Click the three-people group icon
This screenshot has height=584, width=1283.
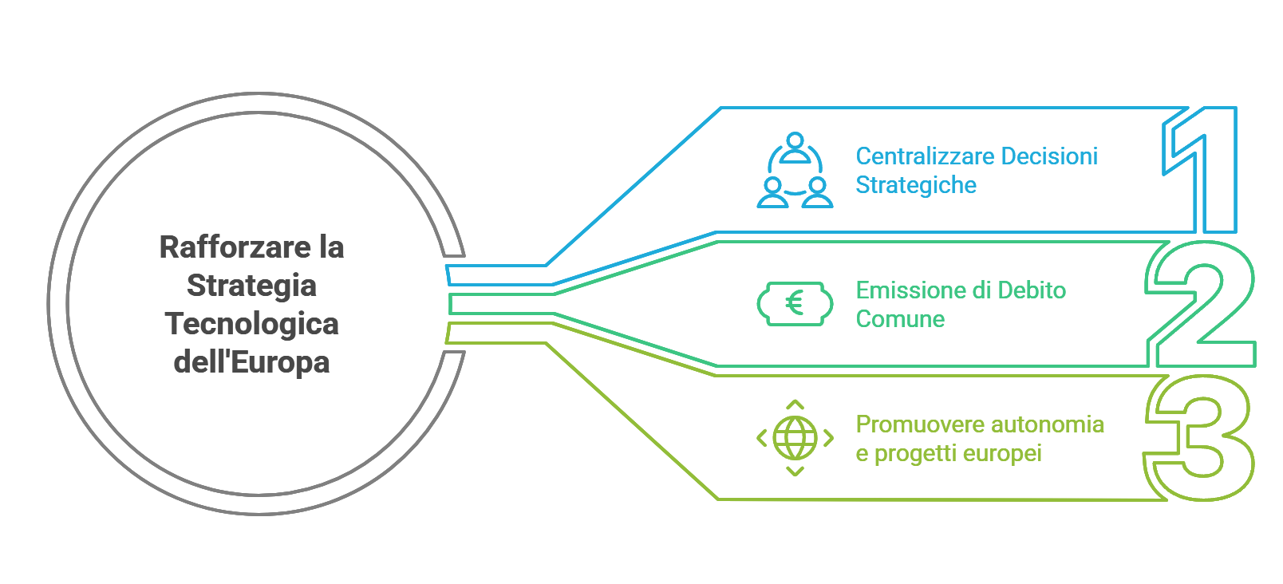coord(795,171)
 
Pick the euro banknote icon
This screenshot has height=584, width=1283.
coord(795,304)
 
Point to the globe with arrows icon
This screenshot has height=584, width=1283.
coord(795,438)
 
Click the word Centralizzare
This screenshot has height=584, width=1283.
coord(925,156)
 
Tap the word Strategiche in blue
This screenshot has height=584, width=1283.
coord(916,185)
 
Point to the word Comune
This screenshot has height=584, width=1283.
coord(900,319)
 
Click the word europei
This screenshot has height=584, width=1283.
coord(1002,454)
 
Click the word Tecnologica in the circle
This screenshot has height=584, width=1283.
coord(251,324)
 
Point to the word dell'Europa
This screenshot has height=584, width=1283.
coord(251,362)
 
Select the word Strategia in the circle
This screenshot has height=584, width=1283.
coord(251,286)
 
